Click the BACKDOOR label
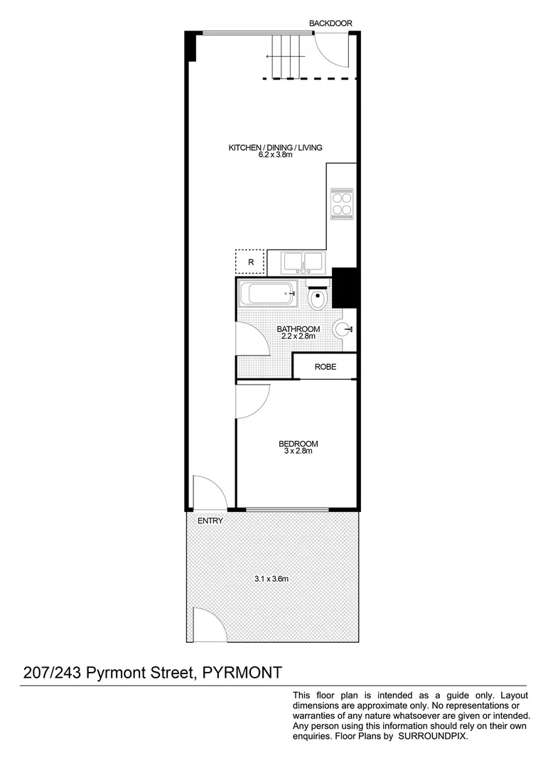pyautogui.click(x=330, y=23)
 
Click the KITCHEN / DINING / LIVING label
pyautogui.click(x=275, y=148)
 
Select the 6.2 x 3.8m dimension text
pyautogui.click(x=275, y=155)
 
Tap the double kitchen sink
pyautogui.click(x=303, y=262)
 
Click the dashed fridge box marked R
pyautogui.click(x=249, y=262)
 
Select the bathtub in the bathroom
pyautogui.click(x=268, y=294)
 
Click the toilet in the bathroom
pyautogui.click(x=318, y=298)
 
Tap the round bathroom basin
pyautogui.click(x=345, y=329)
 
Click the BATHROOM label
pyautogui.click(x=298, y=329)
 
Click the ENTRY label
pyautogui.click(x=211, y=521)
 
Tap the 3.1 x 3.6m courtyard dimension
pyautogui.click(x=271, y=579)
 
